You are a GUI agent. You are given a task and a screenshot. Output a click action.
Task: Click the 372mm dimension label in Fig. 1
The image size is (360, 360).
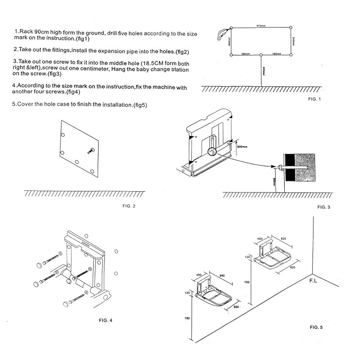[260, 25]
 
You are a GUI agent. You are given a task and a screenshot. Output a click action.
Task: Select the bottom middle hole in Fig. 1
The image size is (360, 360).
[261, 55]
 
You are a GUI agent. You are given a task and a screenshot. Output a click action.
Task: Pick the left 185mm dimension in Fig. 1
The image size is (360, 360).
[245, 53]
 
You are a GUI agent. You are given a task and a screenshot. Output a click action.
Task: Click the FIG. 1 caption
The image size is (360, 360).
[314, 99]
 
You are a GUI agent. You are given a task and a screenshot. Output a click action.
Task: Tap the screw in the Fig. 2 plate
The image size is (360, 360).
[91, 150]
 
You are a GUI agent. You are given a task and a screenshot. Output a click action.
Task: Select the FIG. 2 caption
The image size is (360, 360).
[129, 205]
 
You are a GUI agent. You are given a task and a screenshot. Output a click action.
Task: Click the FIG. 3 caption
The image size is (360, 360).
[323, 206]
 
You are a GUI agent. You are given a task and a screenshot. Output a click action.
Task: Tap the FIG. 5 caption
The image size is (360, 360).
[316, 327]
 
